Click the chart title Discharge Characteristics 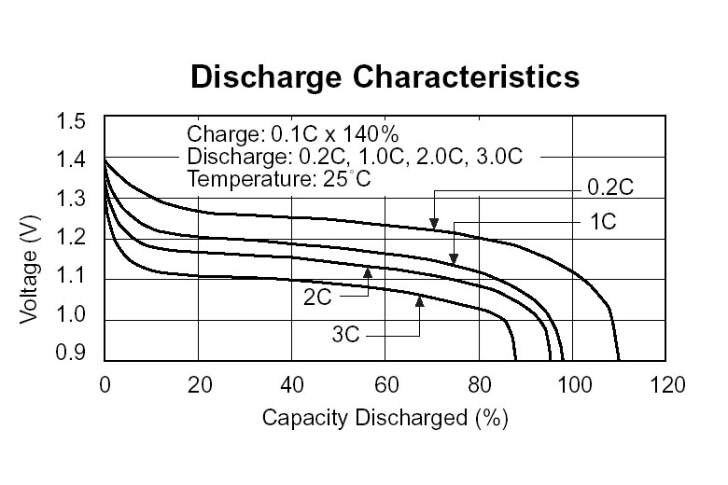pos(385,76)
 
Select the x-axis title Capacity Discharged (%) pos(385,418)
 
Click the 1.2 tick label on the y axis pos(74,238)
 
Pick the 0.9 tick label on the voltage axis pos(74,354)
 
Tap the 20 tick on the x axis pos(198,384)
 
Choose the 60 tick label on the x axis pos(385,384)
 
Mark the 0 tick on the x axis pos(105,384)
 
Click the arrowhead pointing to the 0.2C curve pos(434,224)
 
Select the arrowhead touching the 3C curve pos(420,299)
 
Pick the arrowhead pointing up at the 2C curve pos(368,271)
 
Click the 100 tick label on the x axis pos(573,384)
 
